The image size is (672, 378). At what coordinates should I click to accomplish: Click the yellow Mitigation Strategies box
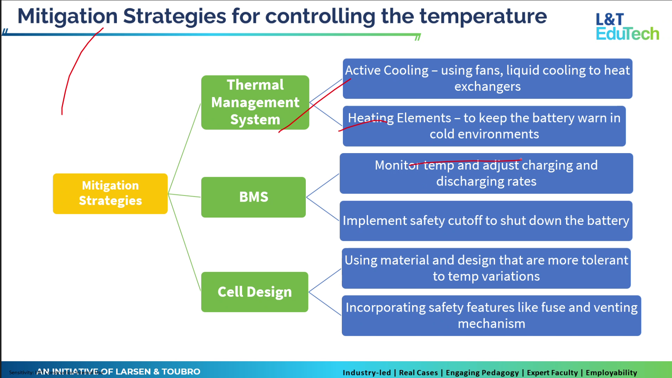pyautogui.click(x=110, y=194)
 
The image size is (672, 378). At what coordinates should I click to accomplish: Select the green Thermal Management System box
pyautogui.click(x=255, y=102)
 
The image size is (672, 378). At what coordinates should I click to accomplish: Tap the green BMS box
pyautogui.click(x=253, y=197)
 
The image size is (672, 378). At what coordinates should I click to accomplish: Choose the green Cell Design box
pyautogui.click(x=254, y=292)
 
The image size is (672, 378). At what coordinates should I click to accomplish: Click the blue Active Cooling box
pyautogui.click(x=487, y=79)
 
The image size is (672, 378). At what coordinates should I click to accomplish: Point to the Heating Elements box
pyautogui.click(x=484, y=126)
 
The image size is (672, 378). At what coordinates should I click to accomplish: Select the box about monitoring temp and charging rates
pyautogui.click(x=486, y=174)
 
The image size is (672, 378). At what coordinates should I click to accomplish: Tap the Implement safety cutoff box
pyautogui.click(x=486, y=221)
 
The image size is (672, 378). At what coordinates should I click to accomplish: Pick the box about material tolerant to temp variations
pyautogui.click(x=486, y=268)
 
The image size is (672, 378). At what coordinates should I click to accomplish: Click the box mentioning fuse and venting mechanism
pyautogui.click(x=491, y=316)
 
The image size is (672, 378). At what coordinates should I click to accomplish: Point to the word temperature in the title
pyautogui.click(x=483, y=17)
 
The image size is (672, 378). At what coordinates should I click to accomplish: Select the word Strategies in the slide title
pyautogui.click(x=174, y=17)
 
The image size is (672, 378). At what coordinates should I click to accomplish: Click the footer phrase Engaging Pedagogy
pyautogui.click(x=482, y=373)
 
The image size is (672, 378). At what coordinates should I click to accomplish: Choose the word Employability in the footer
pyautogui.click(x=611, y=373)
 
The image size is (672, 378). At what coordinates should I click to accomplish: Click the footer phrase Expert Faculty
pyautogui.click(x=552, y=373)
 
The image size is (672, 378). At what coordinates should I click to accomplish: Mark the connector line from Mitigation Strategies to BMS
pyautogui.click(x=184, y=195)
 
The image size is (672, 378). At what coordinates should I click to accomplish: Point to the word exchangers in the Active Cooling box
pyautogui.click(x=487, y=87)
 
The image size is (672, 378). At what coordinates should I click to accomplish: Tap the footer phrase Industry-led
pyautogui.click(x=367, y=373)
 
